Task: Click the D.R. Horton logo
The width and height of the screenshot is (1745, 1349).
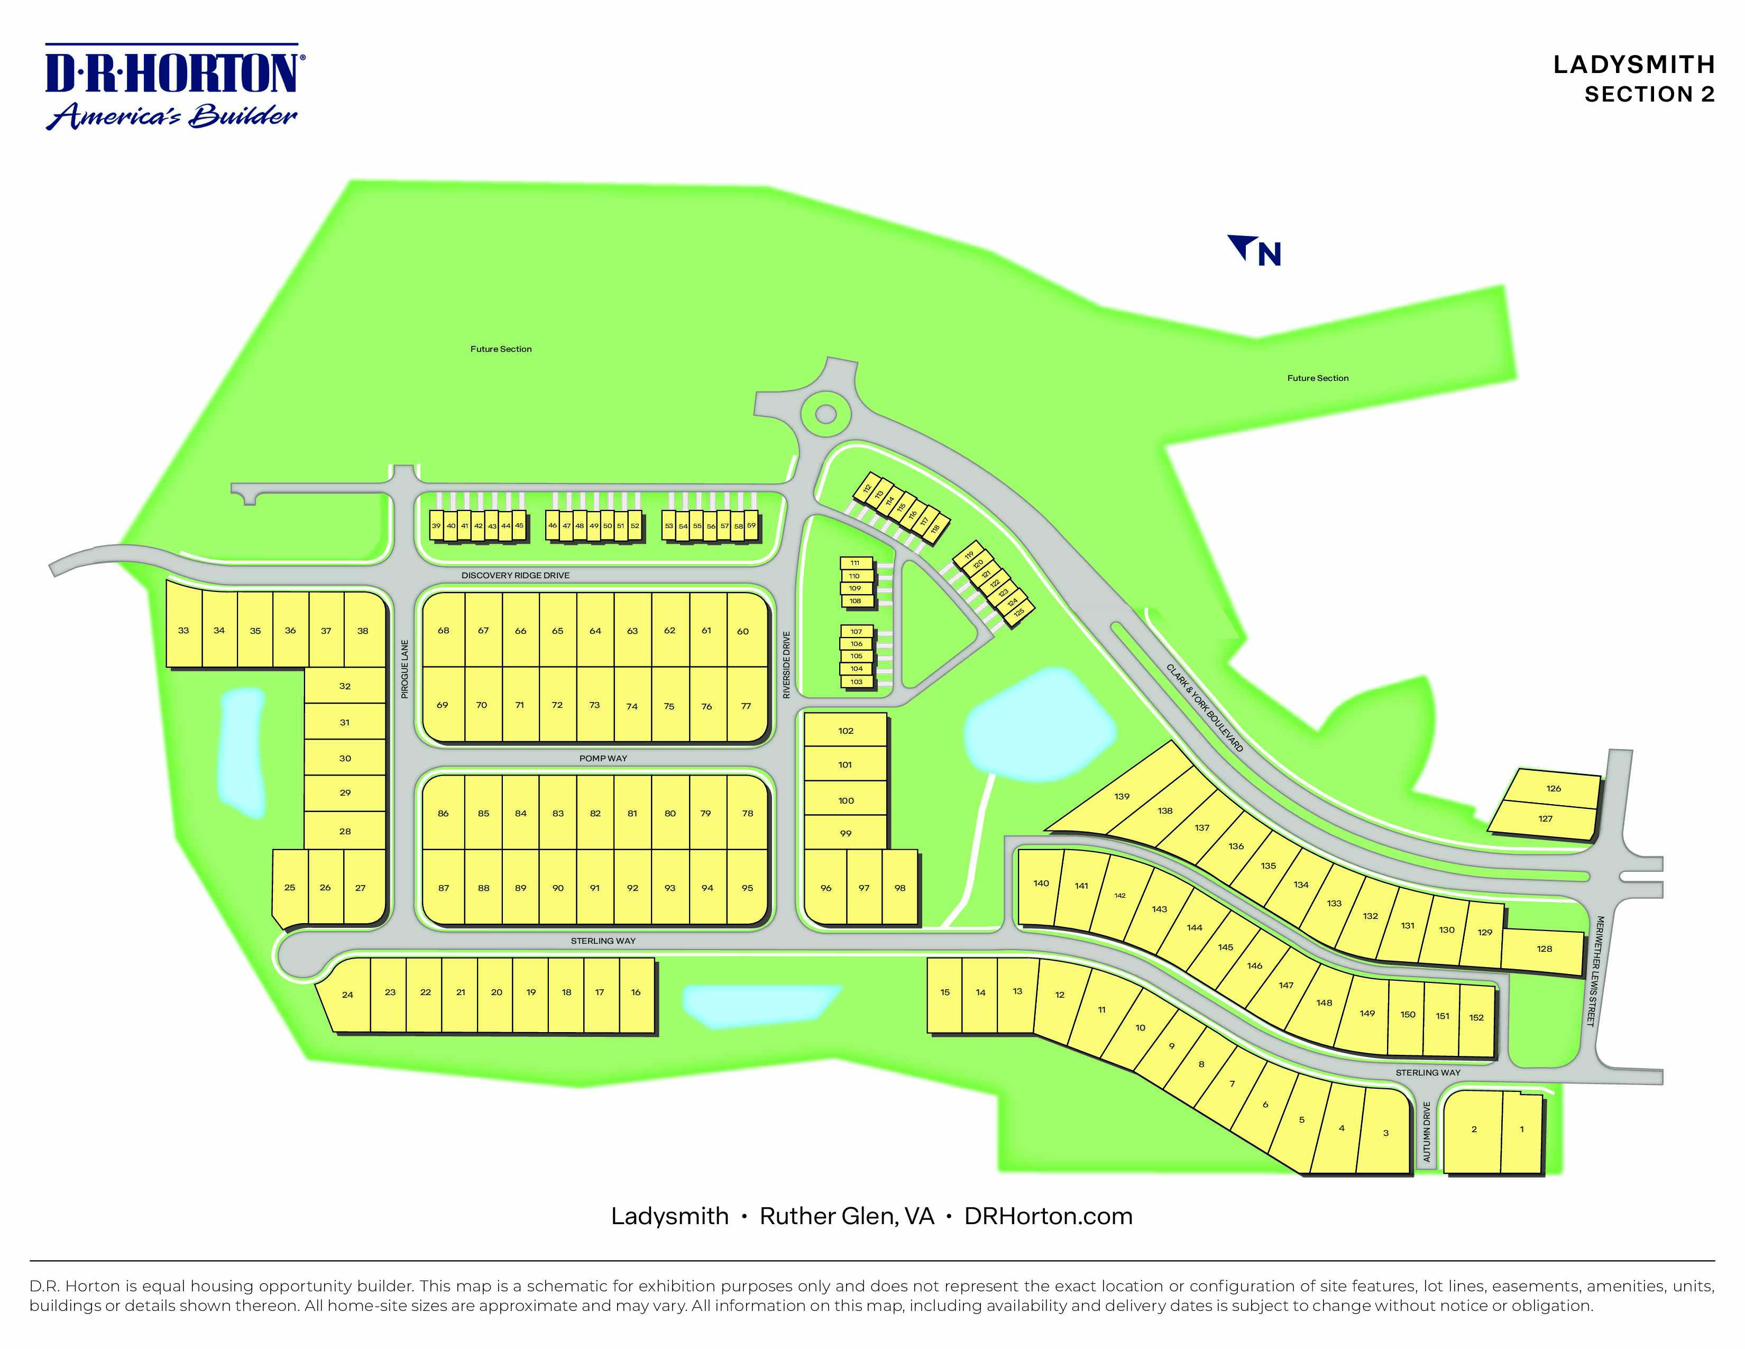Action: pyautogui.click(x=172, y=86)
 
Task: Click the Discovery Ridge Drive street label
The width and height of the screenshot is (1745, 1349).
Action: pyautogui.click(x=516, y=576)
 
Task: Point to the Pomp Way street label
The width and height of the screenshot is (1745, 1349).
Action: pyautogui.click(x=603, y=759)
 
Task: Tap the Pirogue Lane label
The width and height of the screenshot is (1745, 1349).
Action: pyautogui.click(x=405, y=669)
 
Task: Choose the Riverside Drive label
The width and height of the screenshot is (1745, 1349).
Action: pyautogui.click(x=786, y=665)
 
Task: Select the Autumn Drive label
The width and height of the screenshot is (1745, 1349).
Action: pyautogui.click(x=1427, y=1133)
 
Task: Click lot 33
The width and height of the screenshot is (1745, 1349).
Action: pyautogui.click(x=184, y=631)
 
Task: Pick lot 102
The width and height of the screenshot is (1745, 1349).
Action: pyautogui.click(x=846, y=731)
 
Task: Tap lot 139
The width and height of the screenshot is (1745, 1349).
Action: pyautogui.click(x=1122, y=797)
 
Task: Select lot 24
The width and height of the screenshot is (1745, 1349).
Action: pyautogui.click(x=347, y=995)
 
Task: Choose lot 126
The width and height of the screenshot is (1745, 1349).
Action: pyautogui.click(x=1553, y=789)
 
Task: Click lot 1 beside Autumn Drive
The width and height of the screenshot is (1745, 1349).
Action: pyautogui.click(x=1521, y=1129)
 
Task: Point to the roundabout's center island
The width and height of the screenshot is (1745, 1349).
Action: pyautogui.click(x=826, y=414)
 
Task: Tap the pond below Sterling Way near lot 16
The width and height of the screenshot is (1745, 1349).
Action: pyautogui.click(x=759, y=1005)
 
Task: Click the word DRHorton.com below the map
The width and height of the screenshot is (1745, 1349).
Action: pyautogui.click(x=1048, y=1216)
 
